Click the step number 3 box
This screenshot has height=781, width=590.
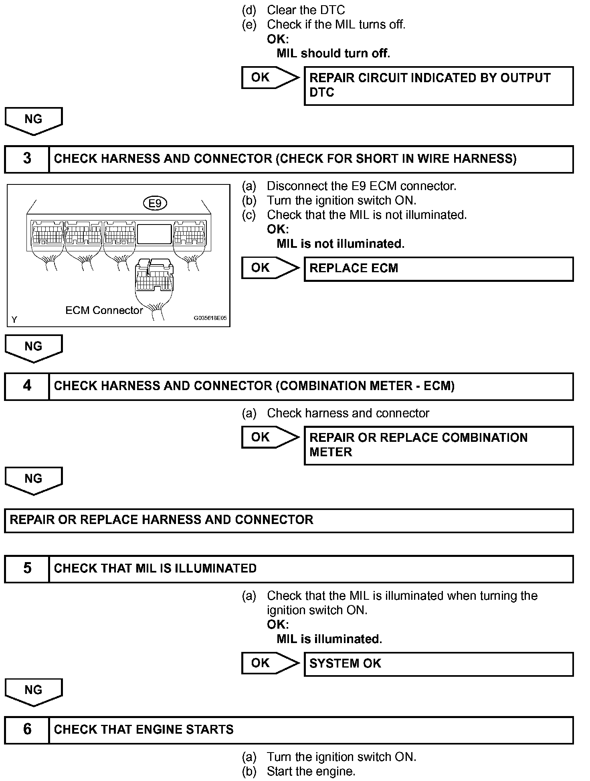pos(27,159)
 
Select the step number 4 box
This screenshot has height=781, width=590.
pos(27,386)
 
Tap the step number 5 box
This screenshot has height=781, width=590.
pos(27,569)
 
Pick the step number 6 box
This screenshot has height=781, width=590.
pos(27,730)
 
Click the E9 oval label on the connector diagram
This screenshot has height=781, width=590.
pos(155,204)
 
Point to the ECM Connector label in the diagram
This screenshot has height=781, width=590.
pos(104,310)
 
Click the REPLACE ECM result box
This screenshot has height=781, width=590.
pos(438,269)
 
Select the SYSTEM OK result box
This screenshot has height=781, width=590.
pos(438,664)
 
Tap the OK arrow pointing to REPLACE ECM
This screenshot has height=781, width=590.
pos(270,268)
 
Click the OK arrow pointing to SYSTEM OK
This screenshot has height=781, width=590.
pos(270,663)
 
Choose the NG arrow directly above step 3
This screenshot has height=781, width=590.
pos(34,120)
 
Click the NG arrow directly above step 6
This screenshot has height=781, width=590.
pos(34,691)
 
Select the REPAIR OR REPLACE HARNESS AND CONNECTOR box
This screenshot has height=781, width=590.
pos(289,520)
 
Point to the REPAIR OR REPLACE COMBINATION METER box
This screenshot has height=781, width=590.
pos(438,445)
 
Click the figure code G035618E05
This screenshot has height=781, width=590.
pos(210,318)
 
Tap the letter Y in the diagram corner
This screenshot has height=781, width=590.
pos(14,320)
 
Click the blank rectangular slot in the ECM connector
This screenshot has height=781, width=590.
pos(154,234)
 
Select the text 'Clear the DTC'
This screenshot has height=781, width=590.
pos(306,10)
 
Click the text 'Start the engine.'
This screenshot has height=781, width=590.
pos(311,771)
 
